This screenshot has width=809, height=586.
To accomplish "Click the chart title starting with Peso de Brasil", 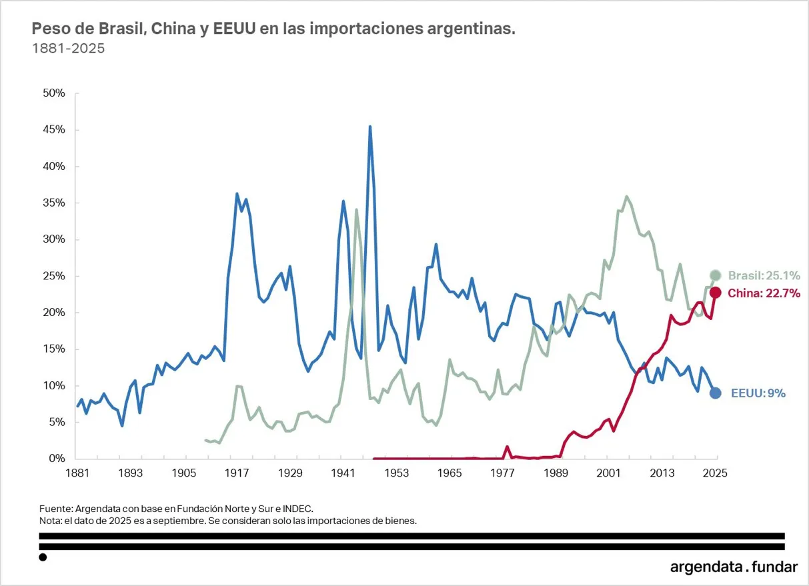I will click(274, 29).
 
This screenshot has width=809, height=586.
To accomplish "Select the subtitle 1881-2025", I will click(69, 49).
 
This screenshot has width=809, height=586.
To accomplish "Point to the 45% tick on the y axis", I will click(52, 130).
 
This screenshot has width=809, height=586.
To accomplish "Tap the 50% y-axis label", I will click(52, 93).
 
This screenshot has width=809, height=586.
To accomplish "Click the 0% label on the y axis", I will click(56, 459).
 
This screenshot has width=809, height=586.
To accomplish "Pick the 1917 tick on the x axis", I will click(237, 473).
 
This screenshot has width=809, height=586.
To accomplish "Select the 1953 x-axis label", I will click(396, 473).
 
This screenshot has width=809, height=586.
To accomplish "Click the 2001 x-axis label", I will click(608, 473).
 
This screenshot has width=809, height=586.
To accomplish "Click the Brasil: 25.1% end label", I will click(764, 276).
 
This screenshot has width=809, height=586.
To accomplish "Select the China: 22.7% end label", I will click(764, 293).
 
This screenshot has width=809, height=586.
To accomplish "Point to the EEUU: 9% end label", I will click(758, 393).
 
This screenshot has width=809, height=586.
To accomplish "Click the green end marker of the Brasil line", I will click(715, 275).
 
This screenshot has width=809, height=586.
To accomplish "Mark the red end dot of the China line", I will click(715, 293).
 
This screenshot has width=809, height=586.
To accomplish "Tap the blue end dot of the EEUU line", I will click(715, 393).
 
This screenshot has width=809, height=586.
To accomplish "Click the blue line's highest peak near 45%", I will click(370, 127).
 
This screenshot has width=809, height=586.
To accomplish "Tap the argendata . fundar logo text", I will click(734, 567).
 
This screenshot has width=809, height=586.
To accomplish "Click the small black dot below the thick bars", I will click(43, 557).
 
